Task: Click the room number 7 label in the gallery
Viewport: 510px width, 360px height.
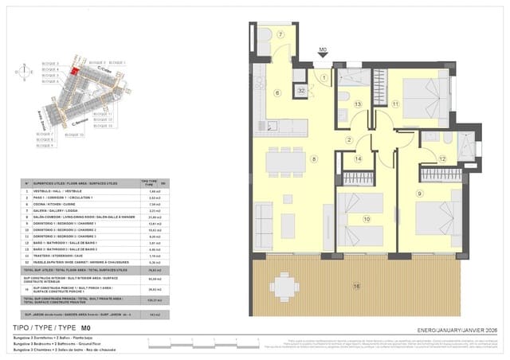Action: pyautogui.click(x=280, y=35)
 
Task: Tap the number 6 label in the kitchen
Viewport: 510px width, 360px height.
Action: pyautogui.click(x=277, y=93)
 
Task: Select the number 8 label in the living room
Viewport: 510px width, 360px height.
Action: pyautogui.click(x=314, y=160)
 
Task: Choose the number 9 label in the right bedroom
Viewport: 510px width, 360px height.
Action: pyautogui.click(x=418, y=193)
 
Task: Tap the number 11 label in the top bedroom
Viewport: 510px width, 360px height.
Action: pyautogui.click(x=395, y=104)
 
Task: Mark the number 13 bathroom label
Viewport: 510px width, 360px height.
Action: pyautogui.click(x=359, y=104)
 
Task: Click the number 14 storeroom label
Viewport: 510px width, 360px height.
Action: pyautogui.click(x=358, y=159)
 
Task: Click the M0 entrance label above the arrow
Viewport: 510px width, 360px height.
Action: pyautogui.click(x=323, y=49)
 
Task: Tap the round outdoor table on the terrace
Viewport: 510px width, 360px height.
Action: pyautogui.click(x=284, y=284)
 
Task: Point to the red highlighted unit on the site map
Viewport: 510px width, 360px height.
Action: pyautogui.click(x=73, y=71)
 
